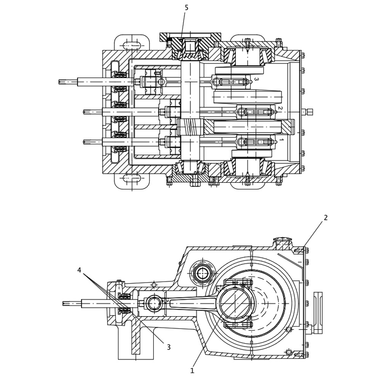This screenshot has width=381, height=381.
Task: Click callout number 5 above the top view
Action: pos(186,8)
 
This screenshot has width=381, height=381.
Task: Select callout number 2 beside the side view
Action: pos(326,218)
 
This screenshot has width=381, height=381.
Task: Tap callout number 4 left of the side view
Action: pos(79,270)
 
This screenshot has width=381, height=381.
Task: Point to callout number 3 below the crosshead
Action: pos(169,347)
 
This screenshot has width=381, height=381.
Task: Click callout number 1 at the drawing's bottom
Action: pos(192,371)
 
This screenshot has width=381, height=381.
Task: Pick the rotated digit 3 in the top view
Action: pos(256,79)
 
